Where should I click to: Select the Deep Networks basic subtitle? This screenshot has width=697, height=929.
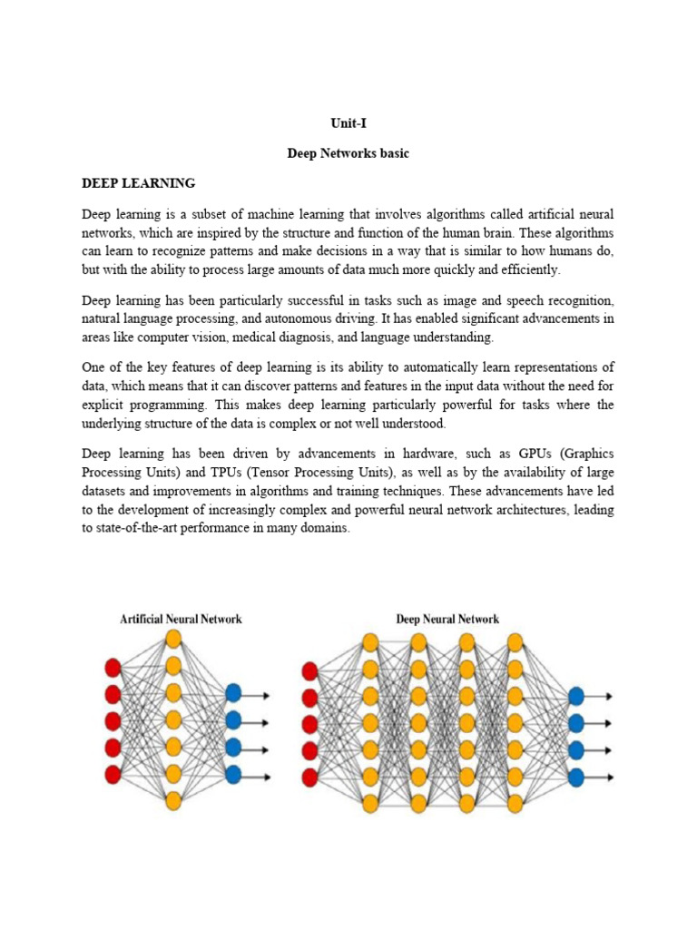tap(348, 154)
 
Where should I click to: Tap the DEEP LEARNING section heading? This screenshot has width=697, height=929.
tap(138, 183)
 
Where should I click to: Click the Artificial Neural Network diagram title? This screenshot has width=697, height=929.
tap(182, 620)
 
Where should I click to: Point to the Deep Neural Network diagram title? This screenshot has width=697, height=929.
tap(447, 620)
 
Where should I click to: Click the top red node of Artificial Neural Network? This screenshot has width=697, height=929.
tap(113, 669)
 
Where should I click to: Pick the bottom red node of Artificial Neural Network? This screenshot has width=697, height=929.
tap(113, 775)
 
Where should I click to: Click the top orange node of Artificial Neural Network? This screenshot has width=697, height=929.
tap(173, 639)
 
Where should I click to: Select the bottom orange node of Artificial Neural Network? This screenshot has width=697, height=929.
tap(173, 800)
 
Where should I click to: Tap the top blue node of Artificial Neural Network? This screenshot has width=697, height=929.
tap(233, 694)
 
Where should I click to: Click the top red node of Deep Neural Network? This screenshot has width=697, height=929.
tap(309, 670)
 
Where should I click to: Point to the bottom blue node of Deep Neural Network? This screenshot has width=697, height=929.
tap(575, 777)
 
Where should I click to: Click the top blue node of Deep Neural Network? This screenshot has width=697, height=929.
tap(575, 697)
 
